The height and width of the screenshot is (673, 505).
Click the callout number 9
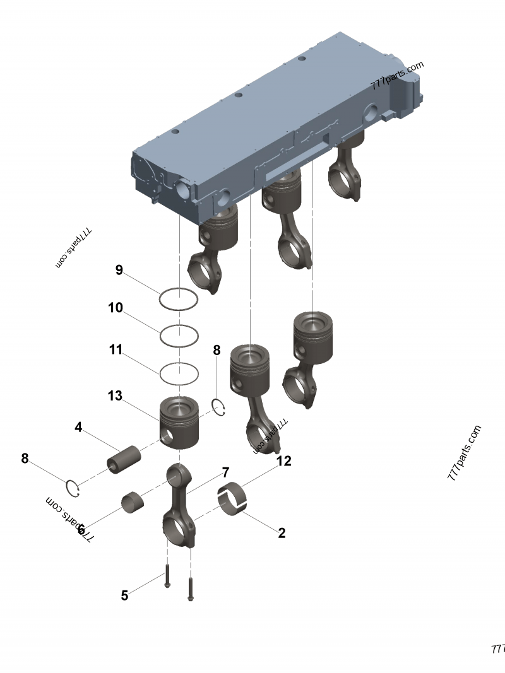(x=119, y=271)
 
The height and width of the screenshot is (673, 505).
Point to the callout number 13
(x=114, y=396)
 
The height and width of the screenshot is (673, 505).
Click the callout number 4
(x=78, y=428)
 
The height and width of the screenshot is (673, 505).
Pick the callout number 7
(x=225, y=472)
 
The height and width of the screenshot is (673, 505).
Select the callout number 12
(x=283, y=461)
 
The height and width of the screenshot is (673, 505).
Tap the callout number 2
(x=282, y=533)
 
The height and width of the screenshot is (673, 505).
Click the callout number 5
(x=124, y=595)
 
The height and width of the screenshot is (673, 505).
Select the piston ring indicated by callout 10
(x=179, y=336)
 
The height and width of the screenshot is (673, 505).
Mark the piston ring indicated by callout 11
(x=179, y=373)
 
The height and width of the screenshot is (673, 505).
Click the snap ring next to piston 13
(x=219, y=408)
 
